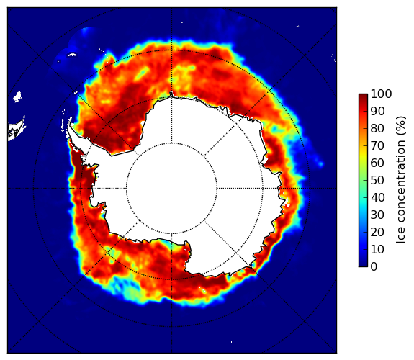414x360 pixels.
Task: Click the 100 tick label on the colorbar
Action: coord(382,94)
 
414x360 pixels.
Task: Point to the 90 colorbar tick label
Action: coord(377,111)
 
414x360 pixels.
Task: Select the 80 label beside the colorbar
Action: coord(377,128)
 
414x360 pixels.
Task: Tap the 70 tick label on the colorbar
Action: coord(377,145)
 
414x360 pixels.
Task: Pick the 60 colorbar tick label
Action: coord(377,163)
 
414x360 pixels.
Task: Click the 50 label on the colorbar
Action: coord(377,180)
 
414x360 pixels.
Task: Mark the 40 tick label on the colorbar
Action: coord(377,197)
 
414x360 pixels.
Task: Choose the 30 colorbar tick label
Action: coord(377,215)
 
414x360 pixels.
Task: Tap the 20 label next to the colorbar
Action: coord(377,232)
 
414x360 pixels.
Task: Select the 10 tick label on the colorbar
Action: coord(377,249)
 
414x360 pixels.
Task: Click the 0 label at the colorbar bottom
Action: coord(374,266)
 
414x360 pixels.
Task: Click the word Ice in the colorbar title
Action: coord(400,237)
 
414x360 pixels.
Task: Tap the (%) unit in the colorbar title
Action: coord(400,127)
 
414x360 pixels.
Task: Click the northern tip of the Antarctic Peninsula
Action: coord(69,123)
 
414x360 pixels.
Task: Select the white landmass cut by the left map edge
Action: coord(16,130)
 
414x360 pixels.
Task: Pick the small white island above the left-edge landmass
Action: coord(17,96)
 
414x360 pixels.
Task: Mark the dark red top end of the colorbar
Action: coord(363,96)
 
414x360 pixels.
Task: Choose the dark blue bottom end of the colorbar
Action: coord(363,264)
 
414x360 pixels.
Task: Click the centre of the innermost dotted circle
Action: coord(171,189)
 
